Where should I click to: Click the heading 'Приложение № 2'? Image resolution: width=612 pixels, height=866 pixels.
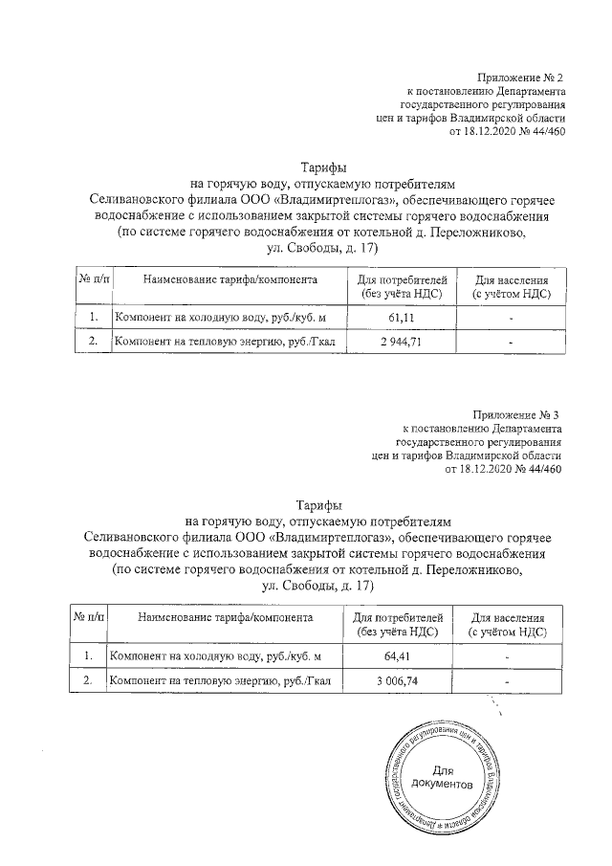[x=520, y=76]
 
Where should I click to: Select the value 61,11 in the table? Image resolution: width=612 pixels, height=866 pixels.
[x=402, y=316]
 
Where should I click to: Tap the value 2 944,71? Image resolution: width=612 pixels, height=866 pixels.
[x=402, y=342]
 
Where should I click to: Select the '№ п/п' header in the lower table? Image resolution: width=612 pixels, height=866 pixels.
[x=89, y=618]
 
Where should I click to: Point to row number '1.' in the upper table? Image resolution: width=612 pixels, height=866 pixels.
[x=93, y=316]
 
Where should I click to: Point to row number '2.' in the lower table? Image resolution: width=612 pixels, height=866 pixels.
[x=89, y=680]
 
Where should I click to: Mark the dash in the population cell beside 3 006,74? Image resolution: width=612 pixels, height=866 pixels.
[x=508, y=681]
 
